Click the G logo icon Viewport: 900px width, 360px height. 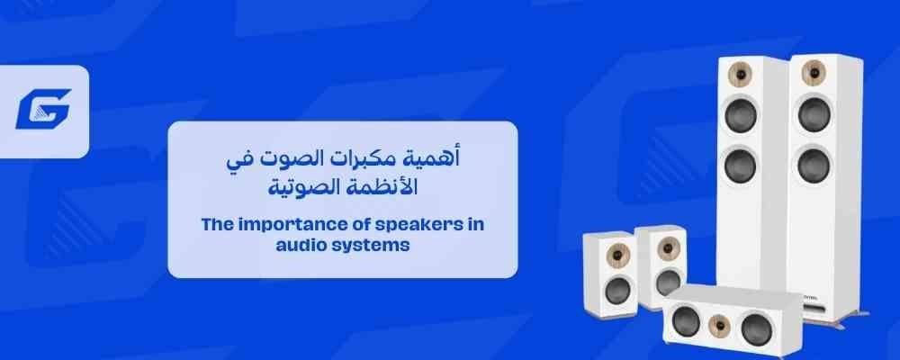[43, 109]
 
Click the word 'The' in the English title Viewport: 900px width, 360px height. [217, 224]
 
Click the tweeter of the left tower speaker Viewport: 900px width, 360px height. [740, 75]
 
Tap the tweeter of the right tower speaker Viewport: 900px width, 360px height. [814, 72]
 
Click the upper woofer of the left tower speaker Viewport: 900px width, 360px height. [741, 115]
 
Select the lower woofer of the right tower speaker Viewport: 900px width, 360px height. [814, 164]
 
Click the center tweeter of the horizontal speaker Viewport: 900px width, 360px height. [720, 326]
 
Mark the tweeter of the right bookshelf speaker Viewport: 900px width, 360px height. [668, 248]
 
